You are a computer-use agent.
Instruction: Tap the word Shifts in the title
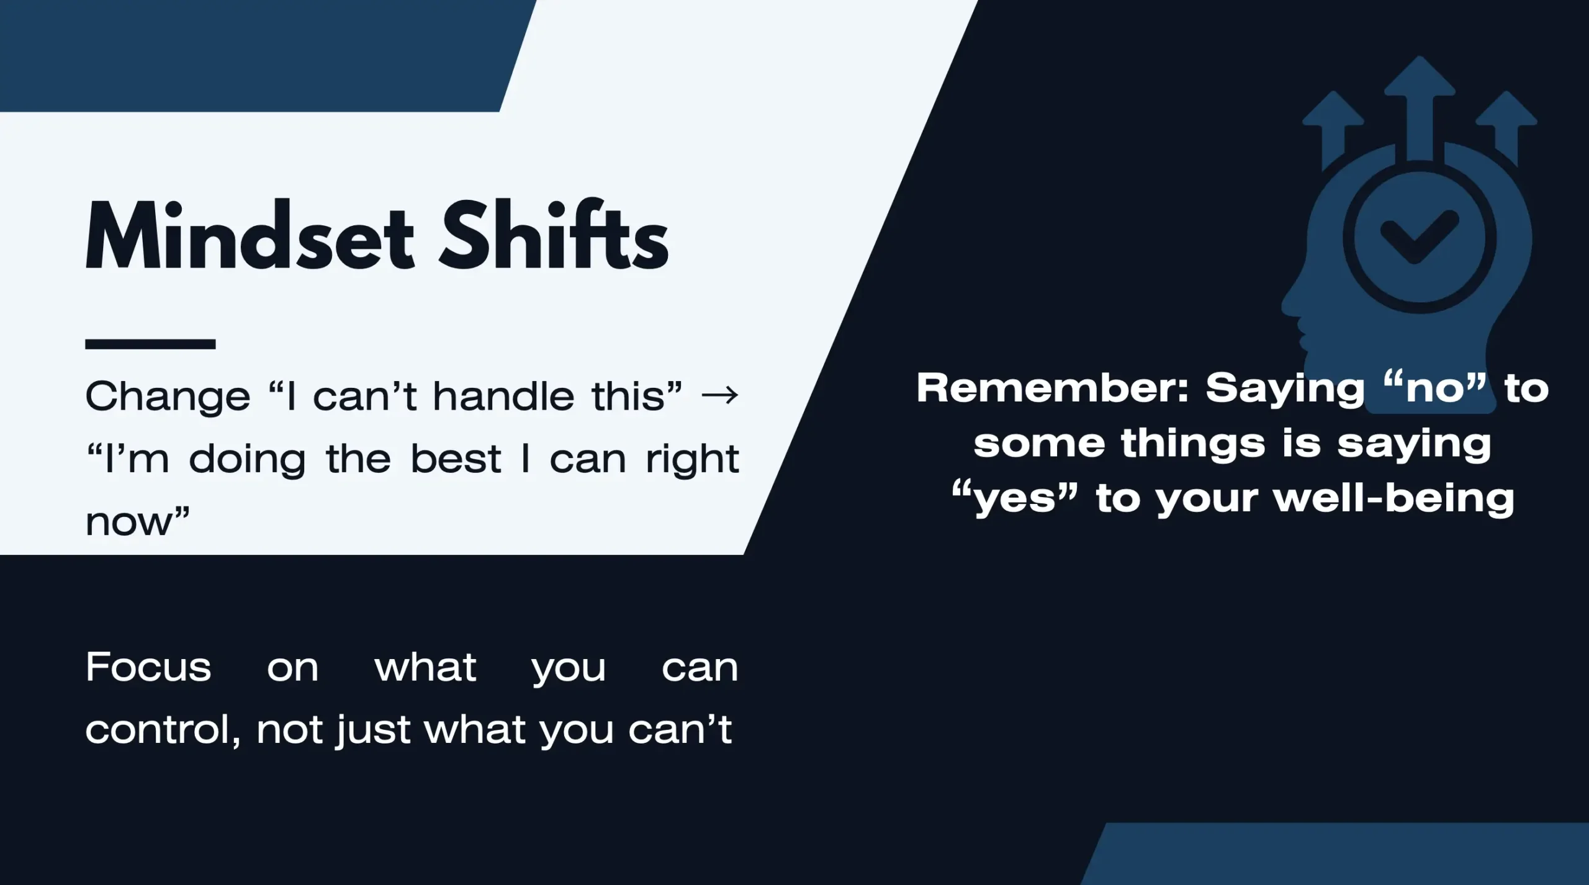pos(554,235)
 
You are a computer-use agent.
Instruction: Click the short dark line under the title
pos(150,344)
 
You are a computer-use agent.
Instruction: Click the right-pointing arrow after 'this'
pos(719,395)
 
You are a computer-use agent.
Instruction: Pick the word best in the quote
pos(456,459)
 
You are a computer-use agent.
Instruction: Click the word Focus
pos(148,667)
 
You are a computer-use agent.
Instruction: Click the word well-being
pos(1394,498)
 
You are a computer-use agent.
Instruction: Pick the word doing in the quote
pos(248,460)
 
